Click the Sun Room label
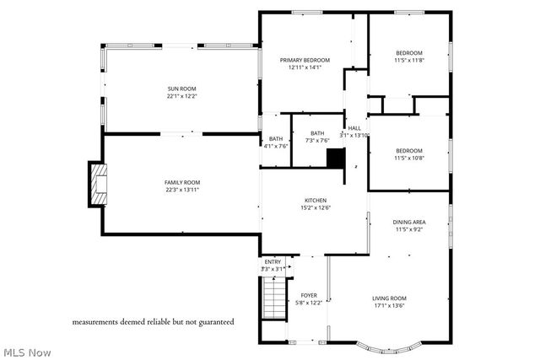click(181, 89)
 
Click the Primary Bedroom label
click(305, 60)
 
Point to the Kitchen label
click(316, 201)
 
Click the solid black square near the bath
click(336, 158)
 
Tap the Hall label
click(354, 127)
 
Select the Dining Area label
click(409, 222)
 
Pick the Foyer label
click(309, 295)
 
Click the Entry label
click(273, 262)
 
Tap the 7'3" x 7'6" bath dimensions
click(316, 140)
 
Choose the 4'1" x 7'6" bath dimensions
click(276, 146)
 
